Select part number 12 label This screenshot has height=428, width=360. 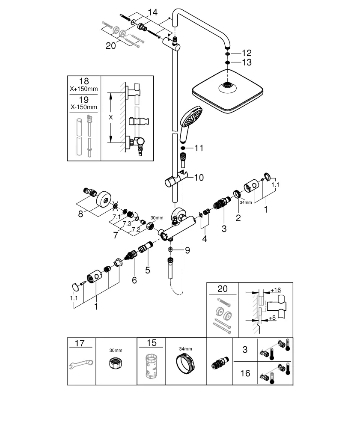pyautogui.click(x=247, y=53)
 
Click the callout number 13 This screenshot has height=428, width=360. pyautogui.click(x=247, y=62)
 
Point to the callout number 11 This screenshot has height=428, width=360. pyautogui.click(x=199, y=148)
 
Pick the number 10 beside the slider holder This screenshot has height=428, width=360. pyautogui.click(x=199, y=177)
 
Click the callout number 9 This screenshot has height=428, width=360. pyautogui.click(x=187, y=250)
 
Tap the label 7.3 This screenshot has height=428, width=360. pyautogui.click(x=127, y=224)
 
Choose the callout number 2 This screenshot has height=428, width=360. pyautogui.click(x=238, y=217)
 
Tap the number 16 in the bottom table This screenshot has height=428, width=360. pyautogui.click(x=245, y=373)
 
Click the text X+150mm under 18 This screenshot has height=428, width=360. pyautogui.click(x=83, y=89)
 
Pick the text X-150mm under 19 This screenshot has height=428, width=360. pyautogui.click(x=83, y=107)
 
